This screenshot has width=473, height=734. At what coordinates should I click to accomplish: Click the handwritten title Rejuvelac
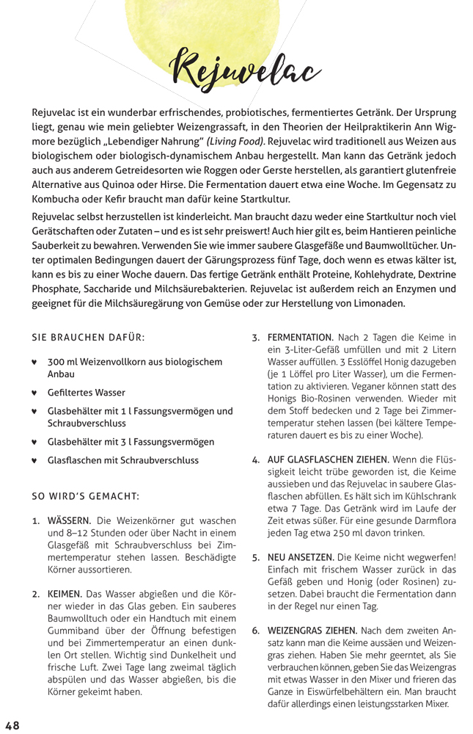click(x=245, y=70)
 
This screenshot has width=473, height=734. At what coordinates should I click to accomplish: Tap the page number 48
click(x=12, y=724)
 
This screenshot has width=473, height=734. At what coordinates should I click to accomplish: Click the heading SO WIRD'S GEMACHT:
click(x=86, y=495)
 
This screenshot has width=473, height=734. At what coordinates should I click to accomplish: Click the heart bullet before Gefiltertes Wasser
click(x=34, y=393)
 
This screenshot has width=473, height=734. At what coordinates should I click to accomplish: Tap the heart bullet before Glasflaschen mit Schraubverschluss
click(x=34, y=461)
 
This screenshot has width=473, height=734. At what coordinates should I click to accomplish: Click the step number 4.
click(x=255, y=460)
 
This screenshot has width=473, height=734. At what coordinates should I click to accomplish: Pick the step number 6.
click(x=255, y=630)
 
